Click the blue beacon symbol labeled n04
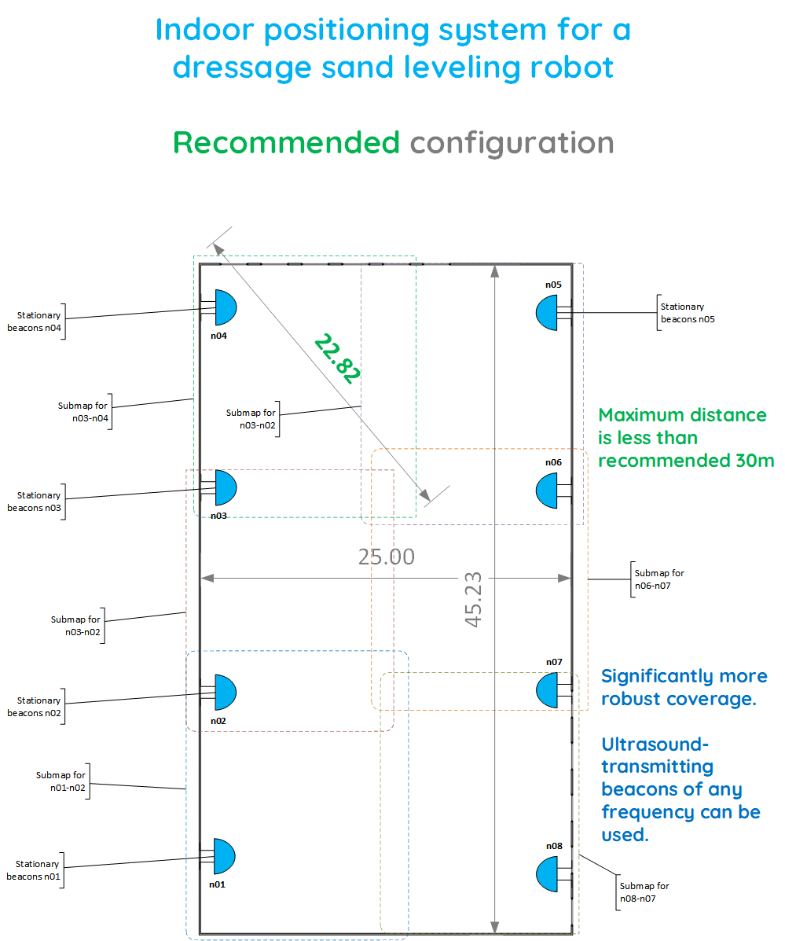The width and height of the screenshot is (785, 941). pos(226,307)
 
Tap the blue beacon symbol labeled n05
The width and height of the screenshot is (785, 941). pos(548,313)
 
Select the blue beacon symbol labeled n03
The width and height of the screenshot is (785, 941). pos(226,488)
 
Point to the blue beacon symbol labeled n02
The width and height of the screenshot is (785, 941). pos(226,693)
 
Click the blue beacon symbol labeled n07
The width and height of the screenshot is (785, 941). pos(548,689)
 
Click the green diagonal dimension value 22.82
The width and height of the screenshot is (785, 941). pos(337,358)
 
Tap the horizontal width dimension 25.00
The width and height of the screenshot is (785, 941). pos(386,557)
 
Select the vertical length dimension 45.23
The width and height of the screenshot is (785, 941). pos(473,599)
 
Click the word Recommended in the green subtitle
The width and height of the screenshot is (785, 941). pos(286,143)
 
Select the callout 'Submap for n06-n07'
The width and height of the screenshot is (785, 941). pos(659,579)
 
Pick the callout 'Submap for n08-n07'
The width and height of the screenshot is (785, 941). pos(644,891)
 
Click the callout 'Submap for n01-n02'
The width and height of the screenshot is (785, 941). pos(61,781)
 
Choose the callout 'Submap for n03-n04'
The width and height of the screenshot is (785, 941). pos(83,412)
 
